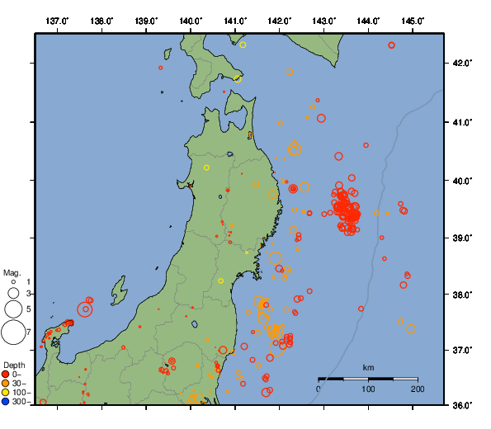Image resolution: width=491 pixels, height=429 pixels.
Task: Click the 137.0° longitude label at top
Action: (57, 20)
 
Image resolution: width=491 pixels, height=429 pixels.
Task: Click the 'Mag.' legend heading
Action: (12, 272)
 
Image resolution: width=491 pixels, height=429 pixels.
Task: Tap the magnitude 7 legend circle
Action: (13, 332)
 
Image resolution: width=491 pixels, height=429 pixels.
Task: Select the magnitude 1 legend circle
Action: (13, 282)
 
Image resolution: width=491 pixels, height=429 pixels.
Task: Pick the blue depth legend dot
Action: (7, 402)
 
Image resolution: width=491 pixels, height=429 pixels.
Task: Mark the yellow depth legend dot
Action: (7, 393)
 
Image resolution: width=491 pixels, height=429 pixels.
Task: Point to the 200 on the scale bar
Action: (417, 389)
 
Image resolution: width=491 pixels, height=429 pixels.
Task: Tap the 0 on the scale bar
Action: (319, 389)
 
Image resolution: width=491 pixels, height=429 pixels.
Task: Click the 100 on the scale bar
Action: (368, 389)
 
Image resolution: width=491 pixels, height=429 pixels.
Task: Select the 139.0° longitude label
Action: (146, 20)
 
